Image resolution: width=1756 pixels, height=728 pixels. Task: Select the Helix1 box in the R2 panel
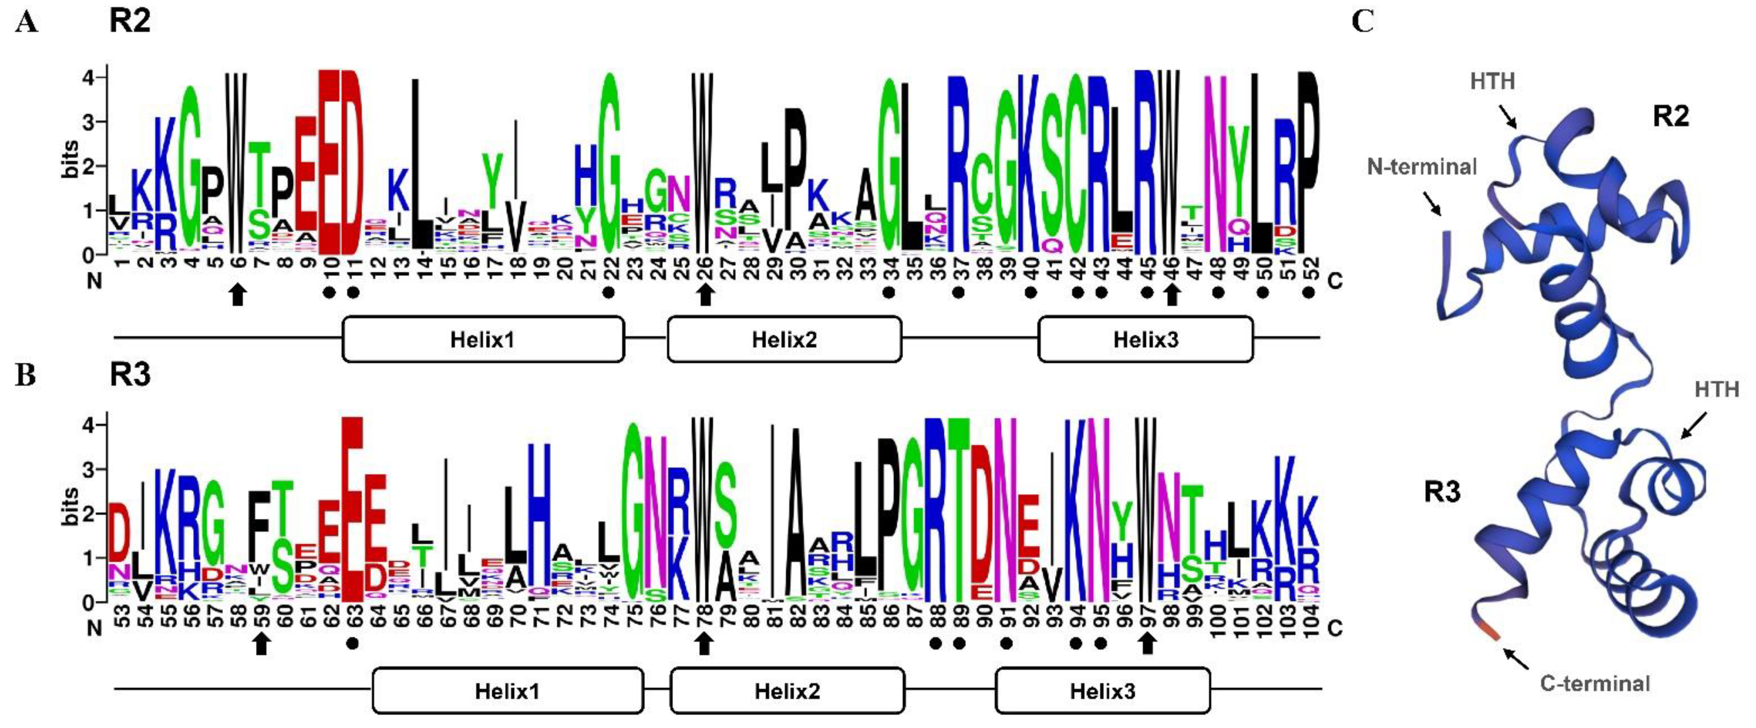pyautogui.click(x=483, y=339)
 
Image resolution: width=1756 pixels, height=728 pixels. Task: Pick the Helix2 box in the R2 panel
pyautogui.click(x=784, y=339)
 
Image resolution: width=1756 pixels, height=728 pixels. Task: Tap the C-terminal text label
pyautogui.click(x=1595, y=683)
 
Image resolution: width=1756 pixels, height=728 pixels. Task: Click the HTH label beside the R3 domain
pyautogui.click(x=1717, y=390)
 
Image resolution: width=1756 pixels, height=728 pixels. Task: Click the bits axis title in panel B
pyautogui.click(x=71, y=506)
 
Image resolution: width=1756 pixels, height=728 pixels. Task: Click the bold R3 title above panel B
pyautogui.click(x=130, y=375)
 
